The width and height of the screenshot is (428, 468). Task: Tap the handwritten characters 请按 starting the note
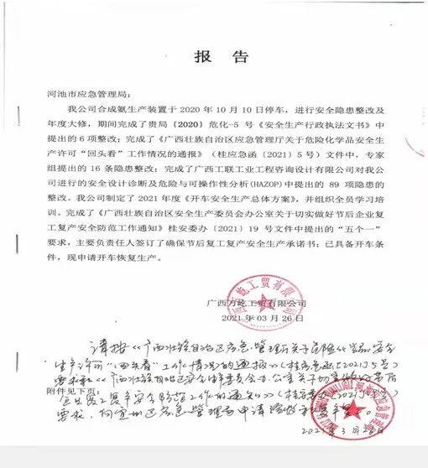(102, 346)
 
